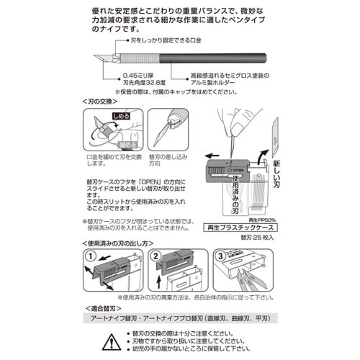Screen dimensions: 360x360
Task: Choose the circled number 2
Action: point(155,256)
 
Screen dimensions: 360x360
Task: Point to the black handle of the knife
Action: point(216,56)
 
